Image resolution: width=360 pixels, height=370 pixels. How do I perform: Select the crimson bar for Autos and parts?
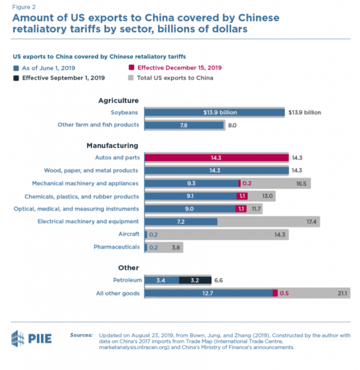click(x=216, y=158)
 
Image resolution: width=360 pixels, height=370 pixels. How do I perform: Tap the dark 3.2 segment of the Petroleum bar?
click(x=195, y=280)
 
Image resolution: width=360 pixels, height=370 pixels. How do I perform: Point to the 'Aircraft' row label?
click(x=129, y=234)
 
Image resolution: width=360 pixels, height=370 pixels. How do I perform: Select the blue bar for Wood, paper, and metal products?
click(x=216, y=170)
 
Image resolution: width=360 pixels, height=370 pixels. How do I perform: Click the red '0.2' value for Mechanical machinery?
click(x=247, y=183)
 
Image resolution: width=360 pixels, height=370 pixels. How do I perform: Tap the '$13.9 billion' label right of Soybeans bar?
click(x=304, y=113)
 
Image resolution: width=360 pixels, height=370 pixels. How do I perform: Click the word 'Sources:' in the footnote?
click(x=82, y=335)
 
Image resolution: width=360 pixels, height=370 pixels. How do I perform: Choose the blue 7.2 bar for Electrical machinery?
click(x=180, y=221)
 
